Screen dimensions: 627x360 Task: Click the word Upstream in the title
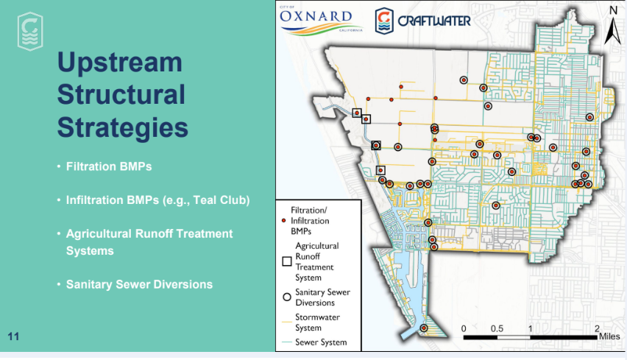[119, 63]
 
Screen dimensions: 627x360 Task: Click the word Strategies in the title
[122, 127]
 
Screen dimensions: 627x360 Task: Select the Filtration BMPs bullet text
[109, 166]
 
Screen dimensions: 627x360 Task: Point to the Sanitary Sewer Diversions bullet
[139, 284]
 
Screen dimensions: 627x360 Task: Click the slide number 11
[13, 336]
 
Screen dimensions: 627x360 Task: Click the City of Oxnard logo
[321, 21]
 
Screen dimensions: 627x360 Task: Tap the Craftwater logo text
[434, 21]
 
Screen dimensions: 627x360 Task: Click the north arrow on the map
[612, 25]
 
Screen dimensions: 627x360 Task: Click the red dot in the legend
[283, 220]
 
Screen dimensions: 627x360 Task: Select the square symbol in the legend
[287, 261]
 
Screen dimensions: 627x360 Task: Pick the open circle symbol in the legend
[287, 297]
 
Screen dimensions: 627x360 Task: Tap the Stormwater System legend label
[317, 322]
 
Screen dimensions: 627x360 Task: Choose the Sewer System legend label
[321, 342]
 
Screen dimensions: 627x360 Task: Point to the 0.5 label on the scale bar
[497, 328]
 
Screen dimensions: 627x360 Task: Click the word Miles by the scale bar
[609, 336]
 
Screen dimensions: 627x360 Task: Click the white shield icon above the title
[30, 32]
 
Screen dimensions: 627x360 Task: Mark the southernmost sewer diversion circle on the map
[424, 328]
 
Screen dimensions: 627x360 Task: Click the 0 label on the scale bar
[464, 328]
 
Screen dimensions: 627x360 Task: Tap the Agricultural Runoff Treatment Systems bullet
[149, 242]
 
